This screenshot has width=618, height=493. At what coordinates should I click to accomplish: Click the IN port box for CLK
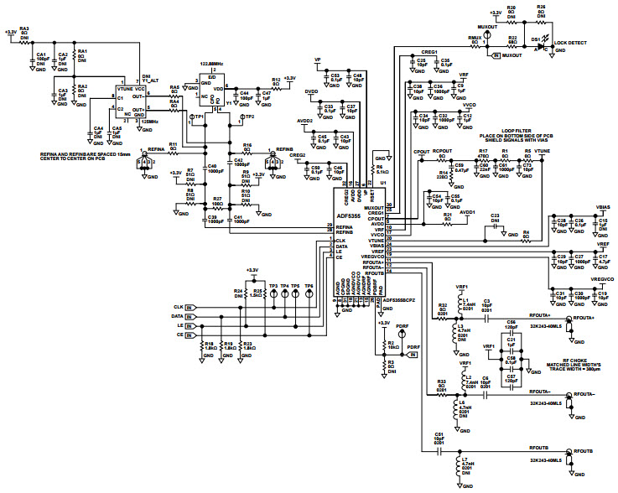tap(189, 308)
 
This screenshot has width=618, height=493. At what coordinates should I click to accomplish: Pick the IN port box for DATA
tap(189, 317)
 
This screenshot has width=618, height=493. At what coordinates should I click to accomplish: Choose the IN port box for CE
tap(189, 335)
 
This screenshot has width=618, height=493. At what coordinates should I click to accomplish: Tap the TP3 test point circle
tap(273, 294)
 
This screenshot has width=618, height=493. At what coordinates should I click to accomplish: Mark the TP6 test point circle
tap(309, 294)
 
